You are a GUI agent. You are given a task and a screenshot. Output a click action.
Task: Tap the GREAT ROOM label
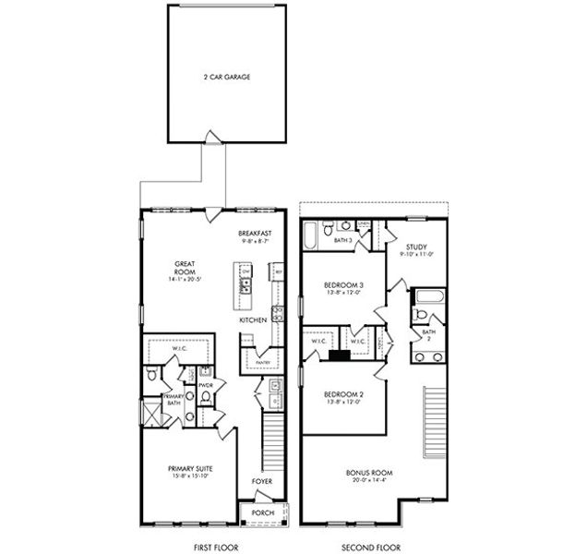[182, 268]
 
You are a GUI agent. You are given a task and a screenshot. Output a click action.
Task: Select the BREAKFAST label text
[254, 233]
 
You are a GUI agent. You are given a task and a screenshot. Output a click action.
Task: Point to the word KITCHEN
[253, 319]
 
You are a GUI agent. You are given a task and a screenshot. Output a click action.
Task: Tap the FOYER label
[262, 481]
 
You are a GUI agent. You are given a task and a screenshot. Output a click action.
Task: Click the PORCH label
[263, 512]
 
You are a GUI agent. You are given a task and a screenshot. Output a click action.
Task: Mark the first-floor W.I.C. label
[180, 348]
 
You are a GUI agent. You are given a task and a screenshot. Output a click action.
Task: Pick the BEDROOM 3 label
[342, 286]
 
